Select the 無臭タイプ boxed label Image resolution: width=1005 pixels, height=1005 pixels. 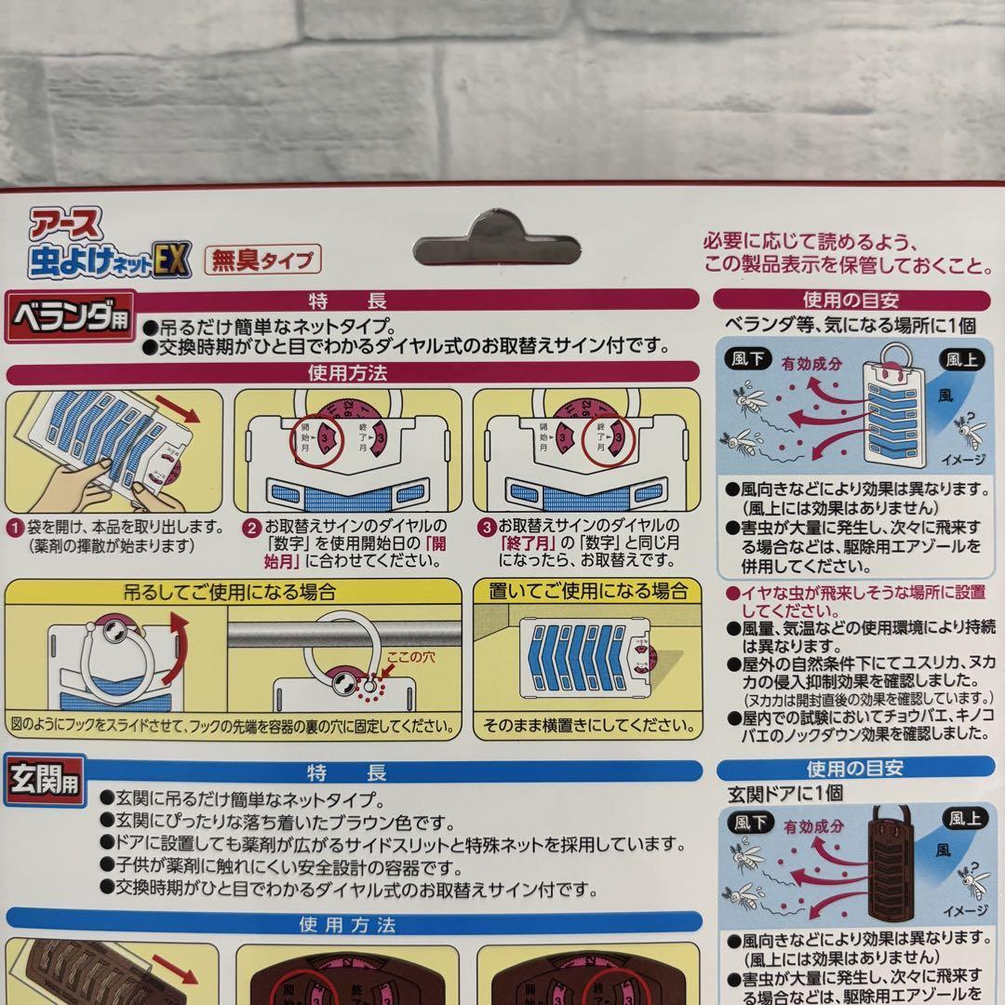(264, 258)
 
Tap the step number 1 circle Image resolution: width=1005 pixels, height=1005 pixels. (16, 527)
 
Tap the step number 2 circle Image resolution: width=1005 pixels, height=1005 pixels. (250, 527)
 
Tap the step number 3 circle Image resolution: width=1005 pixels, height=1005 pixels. (487, 527)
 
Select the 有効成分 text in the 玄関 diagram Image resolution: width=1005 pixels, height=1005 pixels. (812, 825)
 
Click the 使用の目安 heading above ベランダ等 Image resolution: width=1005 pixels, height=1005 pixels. (853, 300)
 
